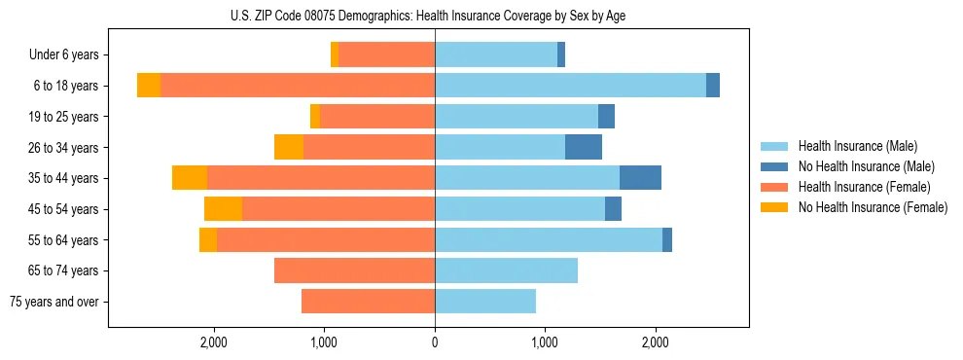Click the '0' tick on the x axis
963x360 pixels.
[x=435, y=342]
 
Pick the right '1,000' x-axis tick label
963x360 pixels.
[x=545, y=342]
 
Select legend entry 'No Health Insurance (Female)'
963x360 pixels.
[x=873, y=207]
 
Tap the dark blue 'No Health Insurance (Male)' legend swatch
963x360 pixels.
[x=775, y=166]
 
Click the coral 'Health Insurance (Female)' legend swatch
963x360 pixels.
[x=775, y=187]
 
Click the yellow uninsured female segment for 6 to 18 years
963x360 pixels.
[x=149, y=86]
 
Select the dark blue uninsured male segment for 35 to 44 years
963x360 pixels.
[x=640, y=178]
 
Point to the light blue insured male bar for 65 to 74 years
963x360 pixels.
[x=506, y=270]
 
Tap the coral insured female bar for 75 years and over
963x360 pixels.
[x=368, y=302]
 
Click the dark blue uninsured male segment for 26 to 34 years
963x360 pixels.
[x=584, y=147]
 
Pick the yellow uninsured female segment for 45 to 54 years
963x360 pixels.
[x=223, y=209]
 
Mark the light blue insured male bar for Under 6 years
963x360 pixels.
[x=496, y=54]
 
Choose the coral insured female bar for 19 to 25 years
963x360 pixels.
[x=377, y=117]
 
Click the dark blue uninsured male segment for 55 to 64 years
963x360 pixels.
[x=667, y=239]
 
